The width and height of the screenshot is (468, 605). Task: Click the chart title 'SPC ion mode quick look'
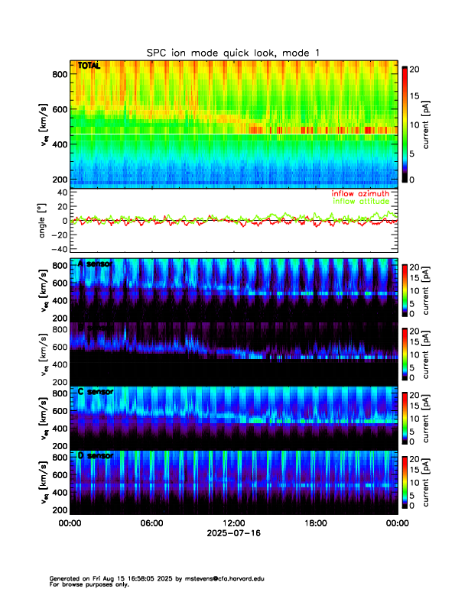pos(233,52)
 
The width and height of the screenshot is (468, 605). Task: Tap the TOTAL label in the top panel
pos(89,67)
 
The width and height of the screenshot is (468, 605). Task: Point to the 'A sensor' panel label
pos(96,264)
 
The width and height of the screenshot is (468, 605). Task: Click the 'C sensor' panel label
pos(96,391)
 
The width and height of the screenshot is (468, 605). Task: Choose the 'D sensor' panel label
pos(96,455)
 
